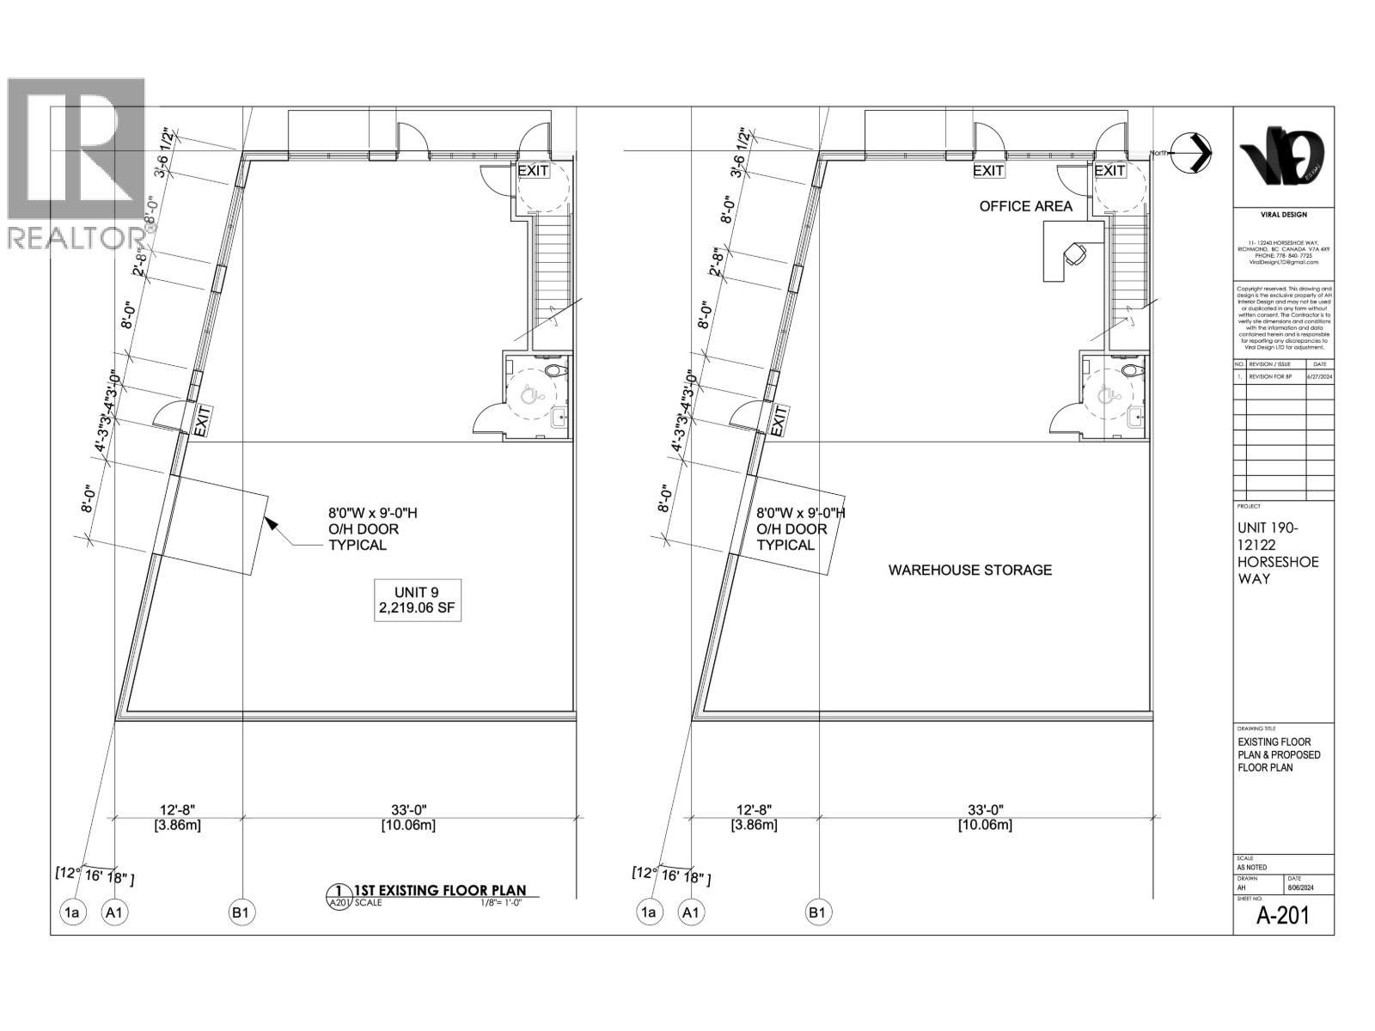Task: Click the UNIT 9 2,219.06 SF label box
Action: [x=418, y=601]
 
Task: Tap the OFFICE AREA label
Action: [x=1026, y=206]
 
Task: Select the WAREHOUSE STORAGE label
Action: [x=969, y=570]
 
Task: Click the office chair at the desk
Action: [x=1075, y=253]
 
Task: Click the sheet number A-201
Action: [x=1283, y=915]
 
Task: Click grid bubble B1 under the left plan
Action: [x=241, y=912]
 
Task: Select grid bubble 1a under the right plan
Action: [x=649, y=912]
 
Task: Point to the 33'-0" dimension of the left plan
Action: [x=408, y=809]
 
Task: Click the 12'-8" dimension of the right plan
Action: [x=755, y=809]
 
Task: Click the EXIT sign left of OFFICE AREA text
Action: [x=988, y=170]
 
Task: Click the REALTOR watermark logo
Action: [x=76, y=163]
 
